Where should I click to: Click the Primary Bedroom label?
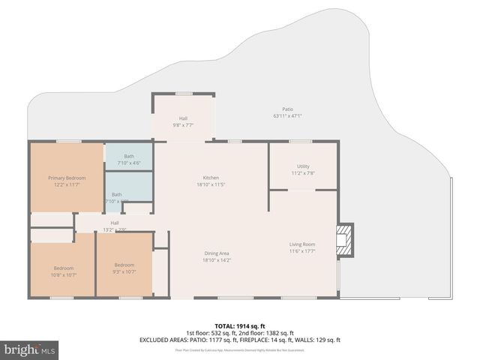coord(67,178)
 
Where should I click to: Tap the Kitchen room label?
coord(210,177)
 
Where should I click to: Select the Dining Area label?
coord(216,253)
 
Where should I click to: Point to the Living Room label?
coord(302,244)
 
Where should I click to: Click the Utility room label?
coord(303,166)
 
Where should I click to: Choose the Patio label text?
coord(287,109)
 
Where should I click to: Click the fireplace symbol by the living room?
coord(345,239)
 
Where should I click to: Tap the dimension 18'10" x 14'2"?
coord(216,261)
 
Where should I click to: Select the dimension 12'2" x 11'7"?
coord(67,185)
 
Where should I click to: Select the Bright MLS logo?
coord(30,349)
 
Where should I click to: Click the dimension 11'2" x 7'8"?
coord(303,173)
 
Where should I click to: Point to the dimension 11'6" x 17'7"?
coord(302,252)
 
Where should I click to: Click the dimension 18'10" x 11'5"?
coord(210,184)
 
